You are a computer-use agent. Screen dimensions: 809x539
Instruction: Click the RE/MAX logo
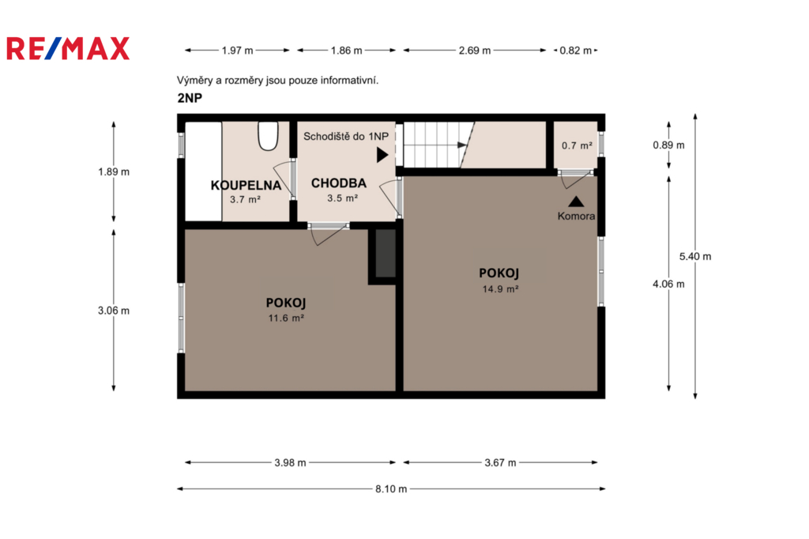coord(68,48)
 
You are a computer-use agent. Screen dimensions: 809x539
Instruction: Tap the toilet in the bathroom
coord(268,136)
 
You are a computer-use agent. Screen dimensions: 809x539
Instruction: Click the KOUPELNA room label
coord(246,186)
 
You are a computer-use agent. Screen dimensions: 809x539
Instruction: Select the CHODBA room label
coord(338,183)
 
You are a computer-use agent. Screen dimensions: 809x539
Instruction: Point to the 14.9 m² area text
coord(500,289)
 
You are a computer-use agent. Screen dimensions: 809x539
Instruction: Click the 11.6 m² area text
coord(286,318)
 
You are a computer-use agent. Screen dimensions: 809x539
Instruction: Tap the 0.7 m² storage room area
coord(577,145)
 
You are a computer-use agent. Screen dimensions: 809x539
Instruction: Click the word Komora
coord(576,216)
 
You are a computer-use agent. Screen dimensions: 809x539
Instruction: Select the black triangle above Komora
coord(576,202)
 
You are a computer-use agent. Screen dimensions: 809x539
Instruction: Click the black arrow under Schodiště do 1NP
coord(382,155)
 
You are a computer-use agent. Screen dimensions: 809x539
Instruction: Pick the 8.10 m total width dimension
coord(391,488)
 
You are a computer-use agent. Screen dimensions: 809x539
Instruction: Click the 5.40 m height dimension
coord(695,256)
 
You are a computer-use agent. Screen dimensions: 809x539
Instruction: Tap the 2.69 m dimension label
coord(475,51)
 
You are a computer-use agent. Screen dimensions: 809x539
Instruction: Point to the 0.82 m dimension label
coord(575,51)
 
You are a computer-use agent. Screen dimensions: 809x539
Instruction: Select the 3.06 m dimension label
coord(114,311)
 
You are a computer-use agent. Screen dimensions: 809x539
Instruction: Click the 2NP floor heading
coord(190,98)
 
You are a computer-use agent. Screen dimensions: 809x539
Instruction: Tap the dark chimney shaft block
coord(385,253)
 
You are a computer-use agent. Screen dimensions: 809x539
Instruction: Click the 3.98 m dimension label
coord(290,462)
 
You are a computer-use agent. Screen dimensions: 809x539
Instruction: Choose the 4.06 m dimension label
coord(668,284)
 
